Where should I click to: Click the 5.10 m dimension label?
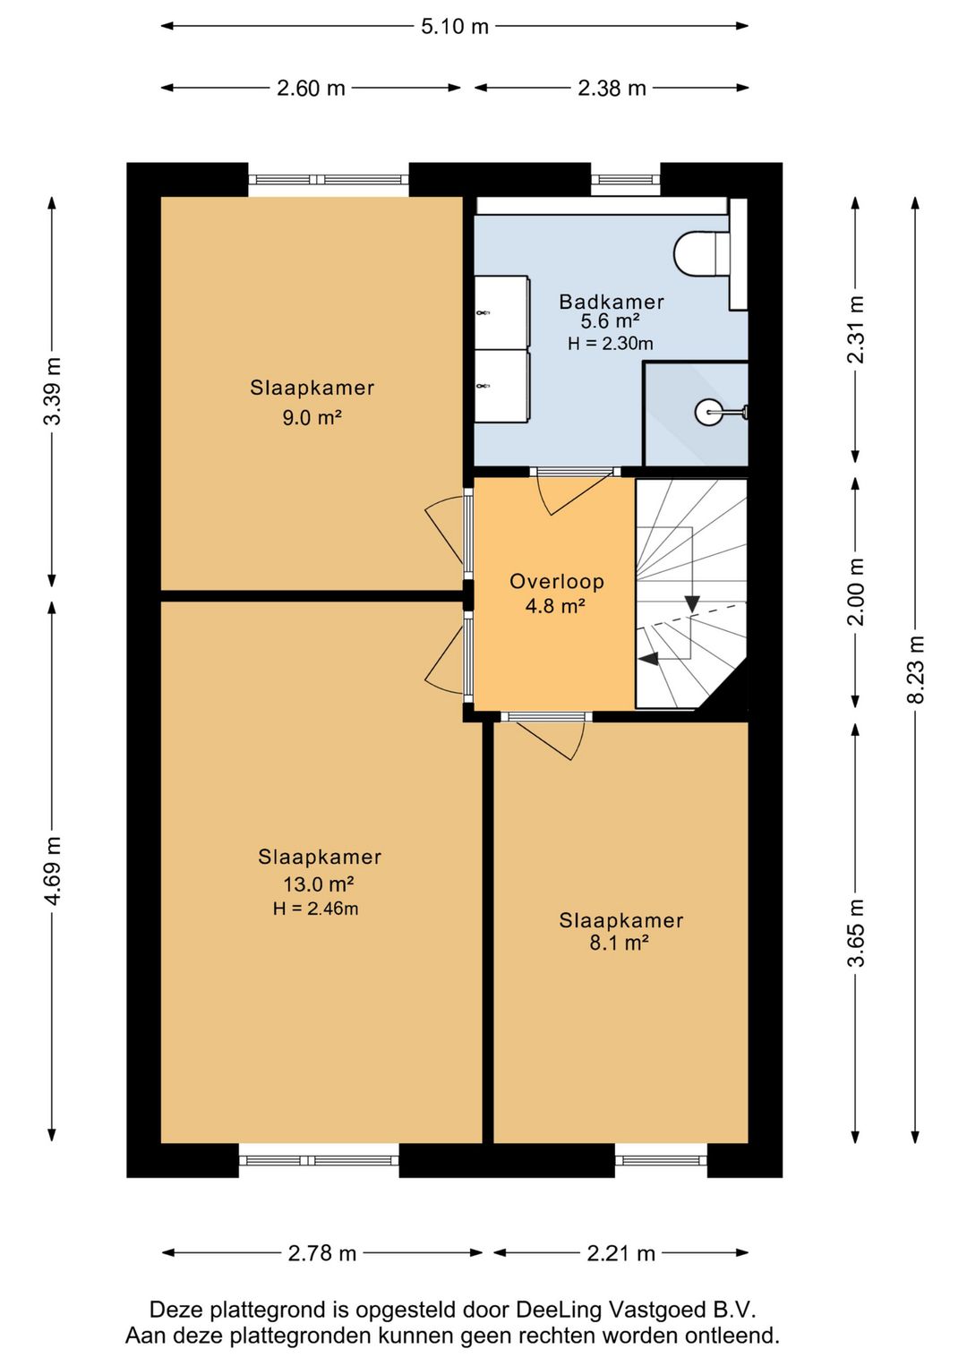click(455, 27)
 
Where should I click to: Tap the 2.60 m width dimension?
click(311, 89)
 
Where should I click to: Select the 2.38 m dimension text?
click(612, 89)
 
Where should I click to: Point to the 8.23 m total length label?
click(917, 669)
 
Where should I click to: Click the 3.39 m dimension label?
click(53, 390)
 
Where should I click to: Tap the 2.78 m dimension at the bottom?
click(321, 1253)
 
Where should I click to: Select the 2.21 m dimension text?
click(621, 1253)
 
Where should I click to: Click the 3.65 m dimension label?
click(857, 933)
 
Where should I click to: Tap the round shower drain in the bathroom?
click(706, 412)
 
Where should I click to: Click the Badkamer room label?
click(612, 302)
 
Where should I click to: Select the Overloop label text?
click(556, 581)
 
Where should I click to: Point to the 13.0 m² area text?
click(319, 884)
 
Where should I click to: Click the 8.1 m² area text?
click(618, 943)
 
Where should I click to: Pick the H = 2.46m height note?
click(315, 909)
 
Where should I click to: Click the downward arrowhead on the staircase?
click(691, 603)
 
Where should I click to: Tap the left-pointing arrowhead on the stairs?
click(647, 658)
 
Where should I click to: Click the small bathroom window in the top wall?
click(625, 179)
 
